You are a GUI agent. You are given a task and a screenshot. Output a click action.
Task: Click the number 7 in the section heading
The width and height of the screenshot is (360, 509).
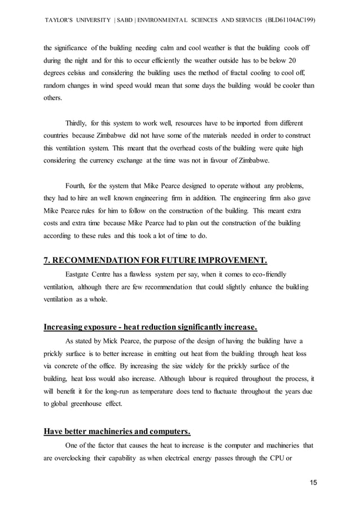46,260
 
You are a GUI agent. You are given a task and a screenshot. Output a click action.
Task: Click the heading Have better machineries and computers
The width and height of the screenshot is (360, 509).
117,433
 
